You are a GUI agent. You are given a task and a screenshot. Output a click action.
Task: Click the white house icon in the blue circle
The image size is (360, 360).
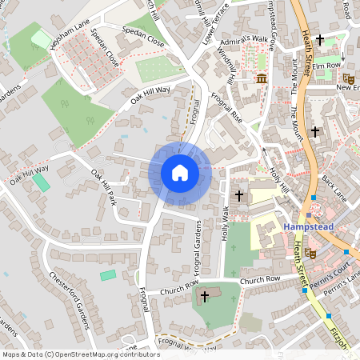click(179, 172)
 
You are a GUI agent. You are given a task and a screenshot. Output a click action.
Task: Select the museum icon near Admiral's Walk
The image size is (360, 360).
click(262, 78)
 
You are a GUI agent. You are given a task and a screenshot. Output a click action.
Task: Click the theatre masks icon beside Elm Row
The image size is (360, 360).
click(348, 78)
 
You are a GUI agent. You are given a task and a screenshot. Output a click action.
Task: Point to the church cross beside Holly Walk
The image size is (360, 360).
click(238, 196)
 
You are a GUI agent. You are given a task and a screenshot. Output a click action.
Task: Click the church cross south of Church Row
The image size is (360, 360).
click(204, 297)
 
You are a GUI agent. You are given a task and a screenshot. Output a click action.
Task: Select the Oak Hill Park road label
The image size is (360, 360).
click(104, 186)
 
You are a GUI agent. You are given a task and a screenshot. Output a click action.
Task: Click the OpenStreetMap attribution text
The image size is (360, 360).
click(82, 354)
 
